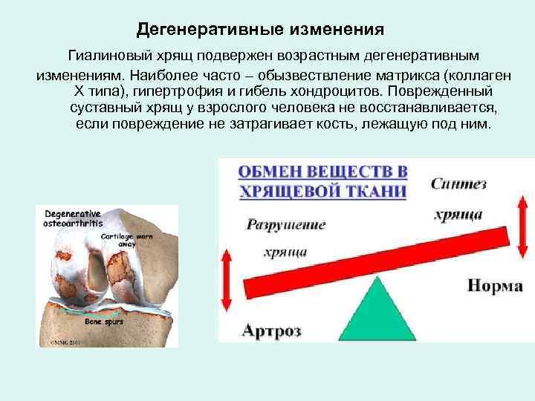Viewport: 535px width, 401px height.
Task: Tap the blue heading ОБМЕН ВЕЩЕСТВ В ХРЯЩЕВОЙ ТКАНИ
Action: [x=322, y=181]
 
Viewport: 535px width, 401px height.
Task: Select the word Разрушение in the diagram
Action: [x=286, y=224]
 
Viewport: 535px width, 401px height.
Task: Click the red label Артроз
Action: [x=272, y=330]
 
